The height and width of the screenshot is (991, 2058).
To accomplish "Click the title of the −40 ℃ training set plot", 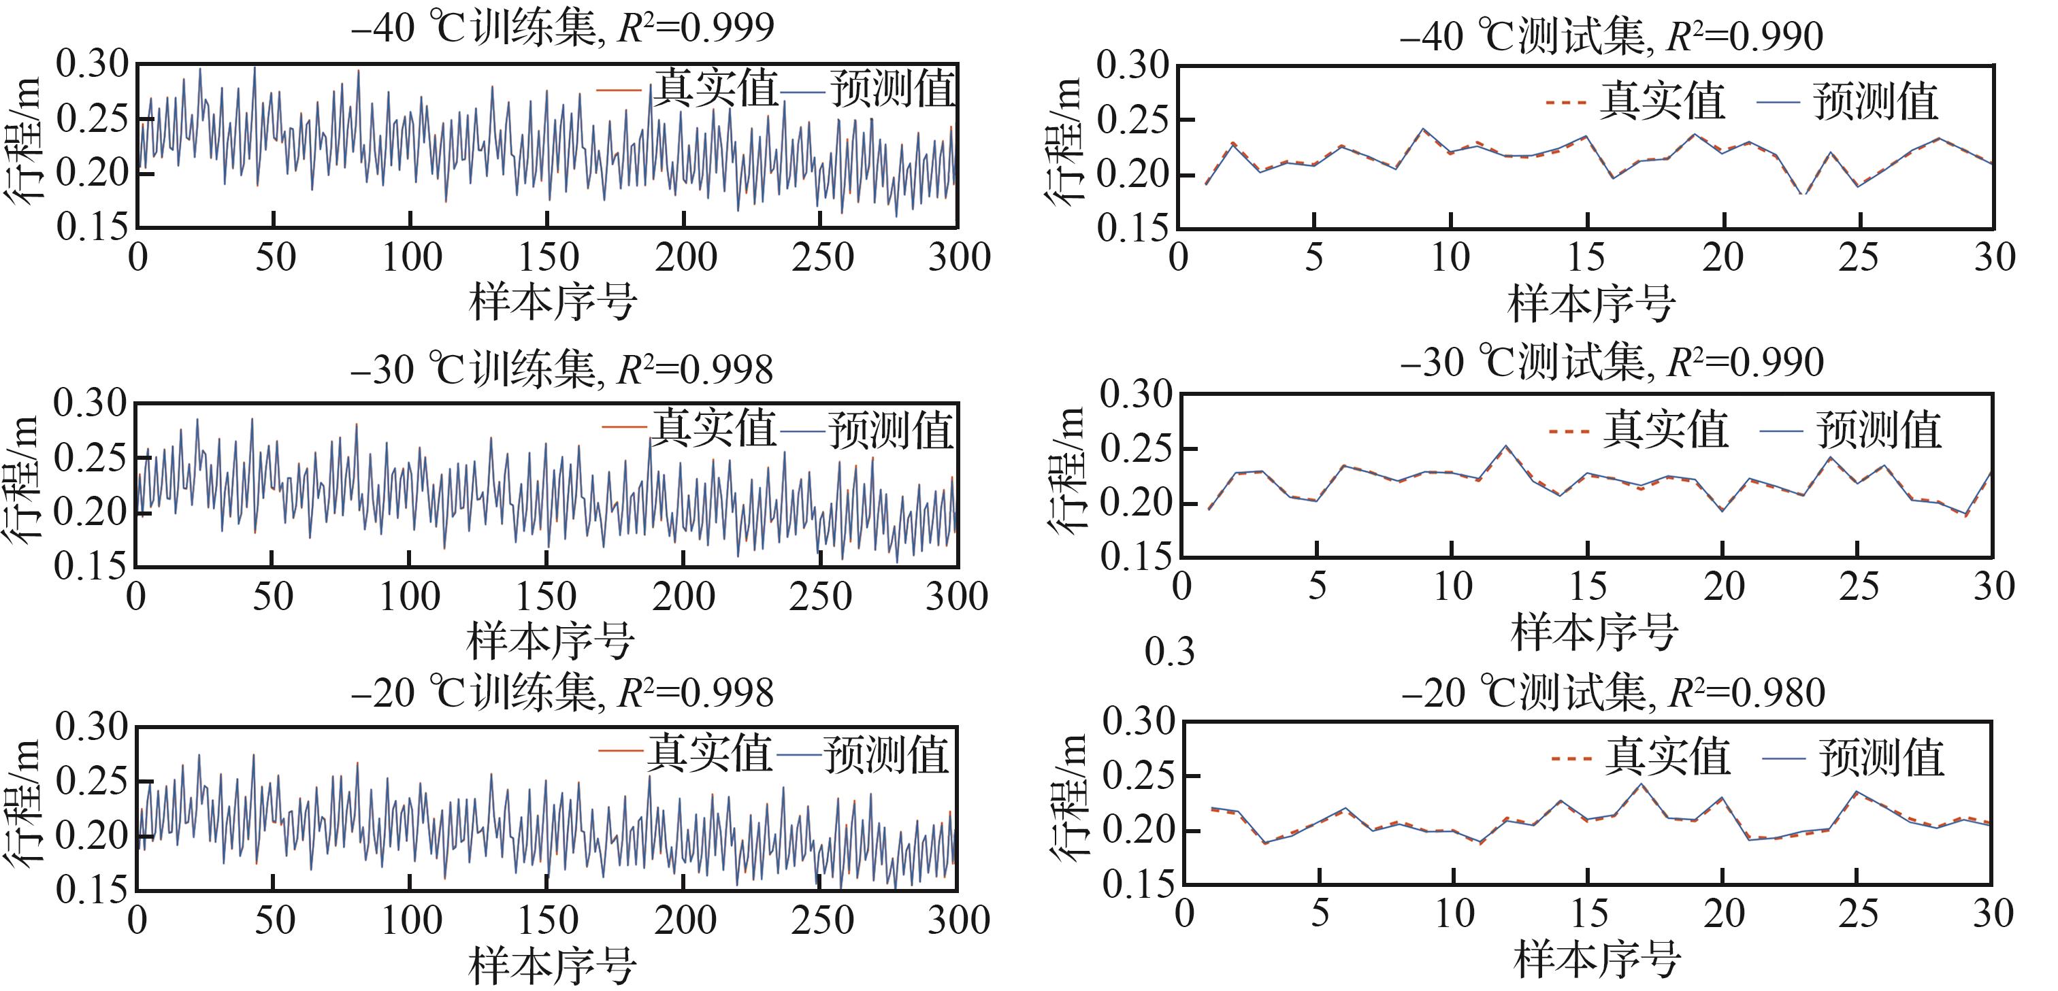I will click(562, 29).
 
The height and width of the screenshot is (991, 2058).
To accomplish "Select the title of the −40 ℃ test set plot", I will click(1611, 37).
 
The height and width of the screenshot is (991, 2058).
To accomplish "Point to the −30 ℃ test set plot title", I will click(1612, 363).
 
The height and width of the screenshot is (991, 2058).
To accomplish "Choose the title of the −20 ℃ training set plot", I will click(561, 692).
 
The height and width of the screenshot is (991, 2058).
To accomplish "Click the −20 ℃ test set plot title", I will click(1613, 692).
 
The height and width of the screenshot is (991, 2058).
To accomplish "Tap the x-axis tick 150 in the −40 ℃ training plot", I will click(548, 257).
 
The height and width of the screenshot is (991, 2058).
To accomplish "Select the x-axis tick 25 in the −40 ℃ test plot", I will click(1859, 257).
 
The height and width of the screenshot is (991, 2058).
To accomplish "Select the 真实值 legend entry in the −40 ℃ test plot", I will click(1661, 101).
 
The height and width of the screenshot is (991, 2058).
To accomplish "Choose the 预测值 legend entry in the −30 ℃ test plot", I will click(1878, 430).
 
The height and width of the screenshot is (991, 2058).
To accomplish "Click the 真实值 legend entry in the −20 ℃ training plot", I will click(708, 752).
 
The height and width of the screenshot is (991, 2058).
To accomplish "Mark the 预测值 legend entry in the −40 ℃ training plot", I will click(892, 88).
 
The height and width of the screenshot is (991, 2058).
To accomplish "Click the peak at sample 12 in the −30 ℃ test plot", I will click(1505, 446).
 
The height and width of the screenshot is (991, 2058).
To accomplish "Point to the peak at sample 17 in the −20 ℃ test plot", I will click(1641, 784).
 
